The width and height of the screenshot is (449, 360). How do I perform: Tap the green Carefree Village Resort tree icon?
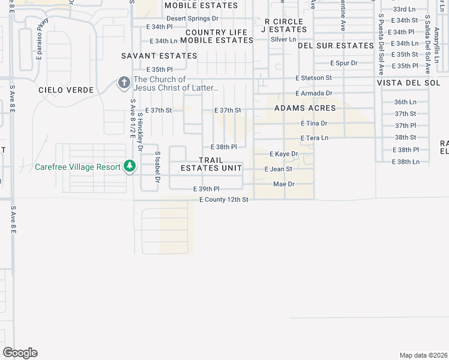pyautogui.click(x=130, y=166)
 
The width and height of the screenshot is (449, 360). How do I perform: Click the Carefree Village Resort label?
pyautogui.click(x=77, y=167)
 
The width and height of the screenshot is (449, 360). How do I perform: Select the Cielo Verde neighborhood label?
pyautogui.click(x=66, y=90)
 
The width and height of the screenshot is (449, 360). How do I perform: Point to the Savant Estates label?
pyautogui.click(x=159, y=56)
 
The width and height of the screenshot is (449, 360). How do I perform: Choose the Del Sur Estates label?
pyautogui.click(x=336, y=46)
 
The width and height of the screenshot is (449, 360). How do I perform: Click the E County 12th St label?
pyautogui.click(x=223, y=199)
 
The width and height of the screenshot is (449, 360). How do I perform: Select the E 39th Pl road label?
pyautogui.click(x=206, y=189)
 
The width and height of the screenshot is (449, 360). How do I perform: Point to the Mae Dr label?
pyautogui.click(x=284, y=184)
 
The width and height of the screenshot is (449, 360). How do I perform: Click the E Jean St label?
pyautogui.click(x=279, y=169)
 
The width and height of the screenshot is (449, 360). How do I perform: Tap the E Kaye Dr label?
pyautogui.click(x=283, y=154)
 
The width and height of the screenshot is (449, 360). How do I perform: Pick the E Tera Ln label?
pyautogui.click(x=315, y=138)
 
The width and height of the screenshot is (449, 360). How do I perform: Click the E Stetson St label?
pyautogui.click(x=313, y=78)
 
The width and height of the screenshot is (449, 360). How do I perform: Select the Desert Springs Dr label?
pyautogui.click(x=192, y=19)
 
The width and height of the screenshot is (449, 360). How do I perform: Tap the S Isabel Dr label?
pyautogui.click(x=157, y=166)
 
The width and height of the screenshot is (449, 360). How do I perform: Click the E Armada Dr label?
pyautogui.click(x=313, y=93)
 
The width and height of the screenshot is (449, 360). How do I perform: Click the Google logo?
pyautogui.click(x=20, y=352)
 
